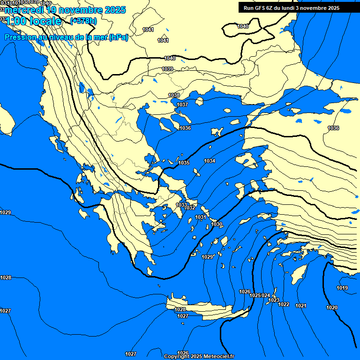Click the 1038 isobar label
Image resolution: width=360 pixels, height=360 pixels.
(174, 95)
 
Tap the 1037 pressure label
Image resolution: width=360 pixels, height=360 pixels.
(183, 105)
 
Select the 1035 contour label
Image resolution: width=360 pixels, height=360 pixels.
(184, 163)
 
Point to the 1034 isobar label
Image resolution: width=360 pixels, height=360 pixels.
(210, 161)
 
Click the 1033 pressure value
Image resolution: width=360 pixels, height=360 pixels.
(181, 205)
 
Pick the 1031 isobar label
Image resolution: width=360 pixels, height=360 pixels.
(201, 217)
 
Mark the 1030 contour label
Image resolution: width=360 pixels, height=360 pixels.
(217, 225)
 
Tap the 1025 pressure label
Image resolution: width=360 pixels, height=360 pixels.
(255, 295)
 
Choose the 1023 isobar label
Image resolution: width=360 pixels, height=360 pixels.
(274, 300)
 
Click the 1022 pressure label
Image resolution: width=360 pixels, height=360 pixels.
(284, 304)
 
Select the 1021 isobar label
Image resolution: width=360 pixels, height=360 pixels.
(301, 306)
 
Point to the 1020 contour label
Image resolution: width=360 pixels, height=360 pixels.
(331, 307)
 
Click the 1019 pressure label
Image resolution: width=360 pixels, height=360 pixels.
(342, 288)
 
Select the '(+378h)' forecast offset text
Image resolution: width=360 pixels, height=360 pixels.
(83, 21)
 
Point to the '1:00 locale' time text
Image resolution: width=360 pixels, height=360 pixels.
(33, 21)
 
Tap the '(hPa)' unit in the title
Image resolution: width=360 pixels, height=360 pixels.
(119, 37)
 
